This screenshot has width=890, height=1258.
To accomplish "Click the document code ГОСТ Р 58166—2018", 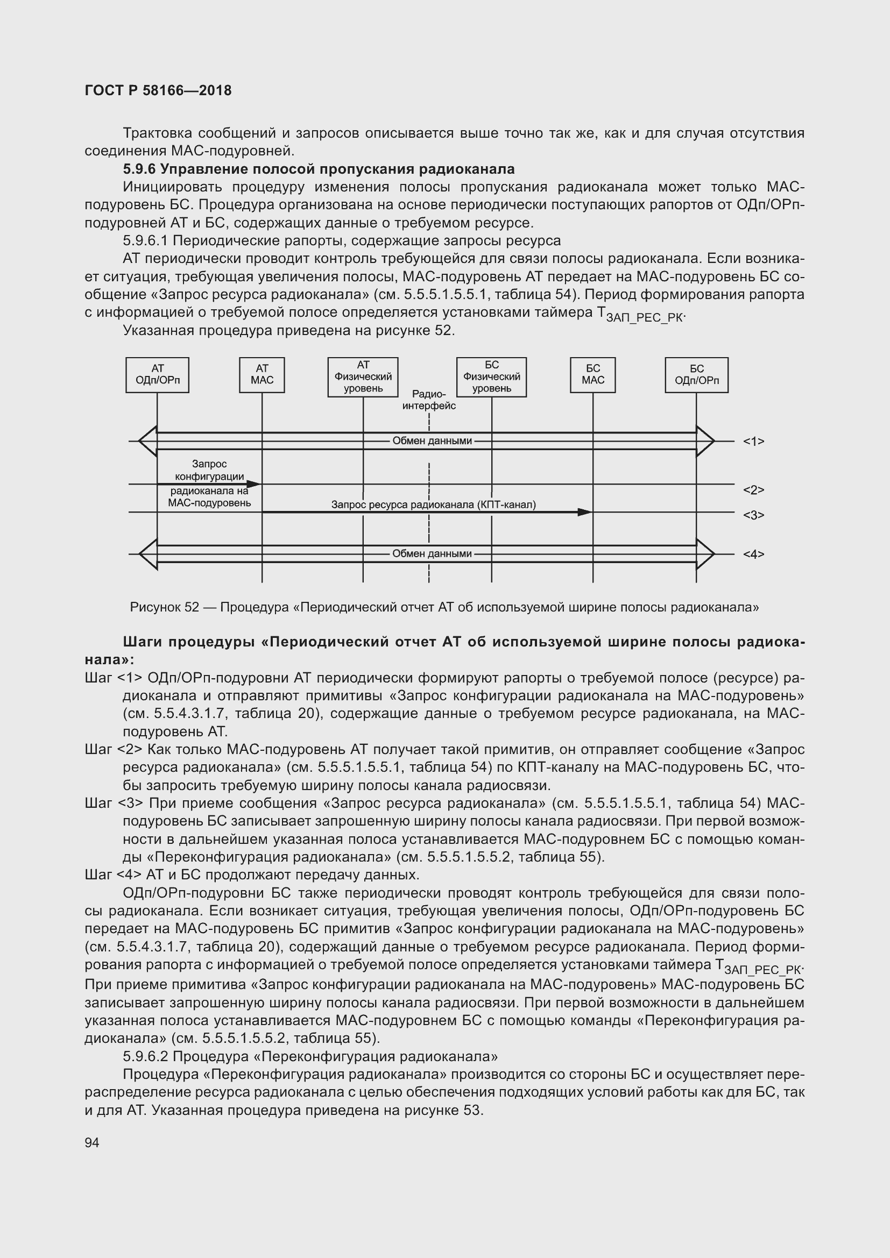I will pos(158,90).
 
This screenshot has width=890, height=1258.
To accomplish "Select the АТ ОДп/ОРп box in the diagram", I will pos(157,375).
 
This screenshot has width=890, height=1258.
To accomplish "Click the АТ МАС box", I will pos(262,375).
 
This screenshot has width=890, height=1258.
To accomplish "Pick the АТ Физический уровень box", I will pos(363,377).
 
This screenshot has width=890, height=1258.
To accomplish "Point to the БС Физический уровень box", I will pos(492,377).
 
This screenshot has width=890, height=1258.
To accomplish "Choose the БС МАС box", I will pos(592,375).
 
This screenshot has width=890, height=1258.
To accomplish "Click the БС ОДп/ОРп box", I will pos(696,375).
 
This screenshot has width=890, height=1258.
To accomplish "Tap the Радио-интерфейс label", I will pos(429,400).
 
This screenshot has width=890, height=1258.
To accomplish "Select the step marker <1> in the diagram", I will pos(753,441).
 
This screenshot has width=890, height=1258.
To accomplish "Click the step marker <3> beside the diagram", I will pos(753,515).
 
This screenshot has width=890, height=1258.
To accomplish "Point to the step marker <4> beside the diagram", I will pos(753,554).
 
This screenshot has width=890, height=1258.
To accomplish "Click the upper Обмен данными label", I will pos(432,441).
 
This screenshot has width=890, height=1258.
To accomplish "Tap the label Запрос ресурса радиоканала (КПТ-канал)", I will pos(434,504).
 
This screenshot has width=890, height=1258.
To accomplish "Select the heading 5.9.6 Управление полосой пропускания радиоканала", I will pos(319,169).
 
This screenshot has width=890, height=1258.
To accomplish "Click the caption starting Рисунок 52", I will pos(444,607).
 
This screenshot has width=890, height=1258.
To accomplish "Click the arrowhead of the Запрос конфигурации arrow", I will pos(254,484).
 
